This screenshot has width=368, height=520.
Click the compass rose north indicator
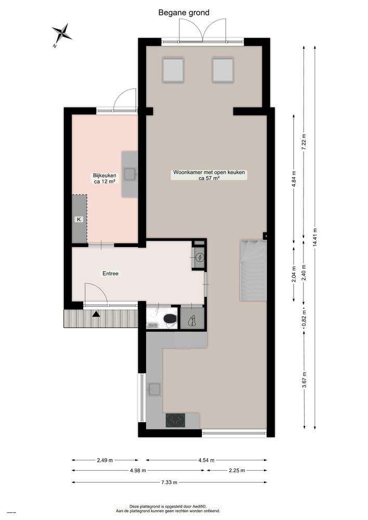[x=62, y=33]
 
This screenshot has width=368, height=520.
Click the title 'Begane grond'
[x=183, y=12]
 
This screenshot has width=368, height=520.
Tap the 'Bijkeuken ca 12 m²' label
[x=104, y=178]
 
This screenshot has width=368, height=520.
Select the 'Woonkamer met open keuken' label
[x=209, y=175]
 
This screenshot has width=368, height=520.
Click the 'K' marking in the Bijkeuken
[x=79, y=219]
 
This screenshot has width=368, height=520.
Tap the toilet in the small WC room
[x=169, y=318]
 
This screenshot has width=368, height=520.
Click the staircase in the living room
[x=253, y=270]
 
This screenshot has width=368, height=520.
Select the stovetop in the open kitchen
[x=176, y=420]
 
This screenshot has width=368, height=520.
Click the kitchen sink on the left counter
[x=154, y=389]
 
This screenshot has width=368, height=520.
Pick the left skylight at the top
[x=173, y=70]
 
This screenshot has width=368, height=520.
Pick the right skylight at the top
[x=222, y=70]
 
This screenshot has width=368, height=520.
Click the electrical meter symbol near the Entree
[x=200, y=257]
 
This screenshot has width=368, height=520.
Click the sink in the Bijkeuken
[x=130, y=174]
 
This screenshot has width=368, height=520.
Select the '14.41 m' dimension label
[x=314, y=236]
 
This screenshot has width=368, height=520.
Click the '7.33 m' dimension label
[x=169, y=482]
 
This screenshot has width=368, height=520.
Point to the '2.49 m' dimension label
[x=105, y=460]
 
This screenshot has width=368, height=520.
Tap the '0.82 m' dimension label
[x=304, y=316]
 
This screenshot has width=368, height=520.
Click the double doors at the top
[x=203, y=30]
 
